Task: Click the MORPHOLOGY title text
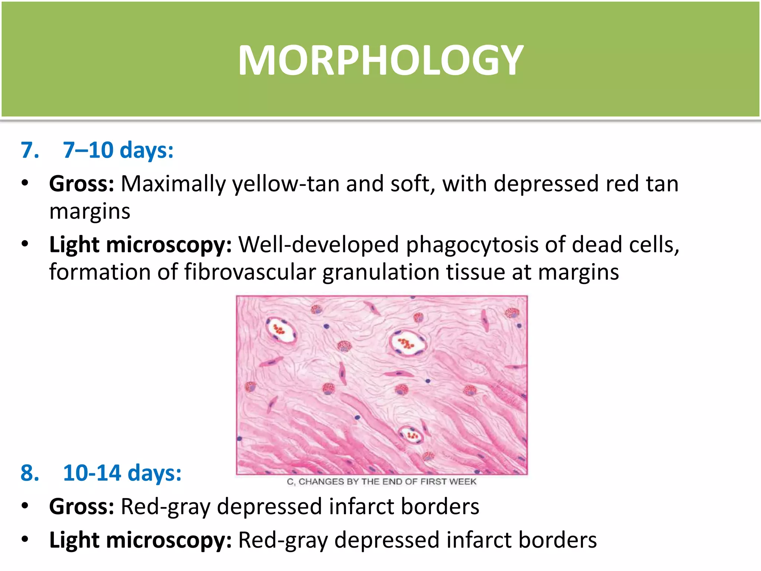point(380,60)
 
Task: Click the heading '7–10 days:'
point(118,150)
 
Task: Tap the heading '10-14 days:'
point(122,473)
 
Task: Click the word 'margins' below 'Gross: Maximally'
point(90,212)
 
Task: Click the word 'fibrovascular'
point(250,272)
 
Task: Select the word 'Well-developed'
point(318,245)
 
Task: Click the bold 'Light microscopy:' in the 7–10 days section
point(140,245)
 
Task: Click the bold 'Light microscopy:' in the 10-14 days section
point(140,540)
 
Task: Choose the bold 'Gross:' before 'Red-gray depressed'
point(81,506)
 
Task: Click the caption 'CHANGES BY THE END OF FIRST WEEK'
point(387,482)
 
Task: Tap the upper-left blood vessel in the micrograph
point(281,330)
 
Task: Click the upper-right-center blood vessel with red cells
point(407,343)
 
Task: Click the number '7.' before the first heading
point(30,150)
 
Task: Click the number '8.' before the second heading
point(30,473)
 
